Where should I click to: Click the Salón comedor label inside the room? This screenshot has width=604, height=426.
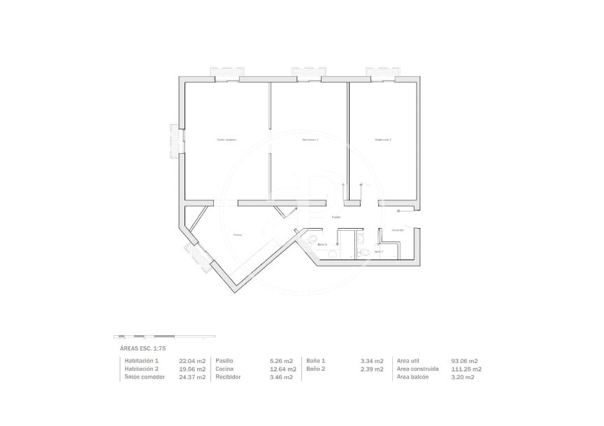[226, 140]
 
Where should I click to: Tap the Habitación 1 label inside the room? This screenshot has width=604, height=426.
[310, 140]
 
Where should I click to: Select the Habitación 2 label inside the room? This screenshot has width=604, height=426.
[383, 140]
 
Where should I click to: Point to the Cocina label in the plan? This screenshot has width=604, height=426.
[238, 235]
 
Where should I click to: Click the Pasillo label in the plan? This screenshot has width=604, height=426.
[336, 218]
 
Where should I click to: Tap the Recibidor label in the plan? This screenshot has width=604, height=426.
[398, 230]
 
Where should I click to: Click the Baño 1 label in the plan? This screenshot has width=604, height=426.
[322, 245]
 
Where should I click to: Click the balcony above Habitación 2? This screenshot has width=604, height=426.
[383, 72]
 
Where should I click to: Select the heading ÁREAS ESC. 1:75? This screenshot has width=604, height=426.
[143, 348]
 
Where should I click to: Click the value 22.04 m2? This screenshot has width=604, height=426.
[192, 361]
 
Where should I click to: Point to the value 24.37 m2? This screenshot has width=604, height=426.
[192, 377]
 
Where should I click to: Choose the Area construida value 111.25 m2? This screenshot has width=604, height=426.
[466, 369]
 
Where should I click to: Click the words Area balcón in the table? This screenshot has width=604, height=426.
[416, 377]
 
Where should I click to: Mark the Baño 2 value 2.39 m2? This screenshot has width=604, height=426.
[371, 369]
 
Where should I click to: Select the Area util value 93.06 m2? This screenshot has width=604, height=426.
[464, 361]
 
